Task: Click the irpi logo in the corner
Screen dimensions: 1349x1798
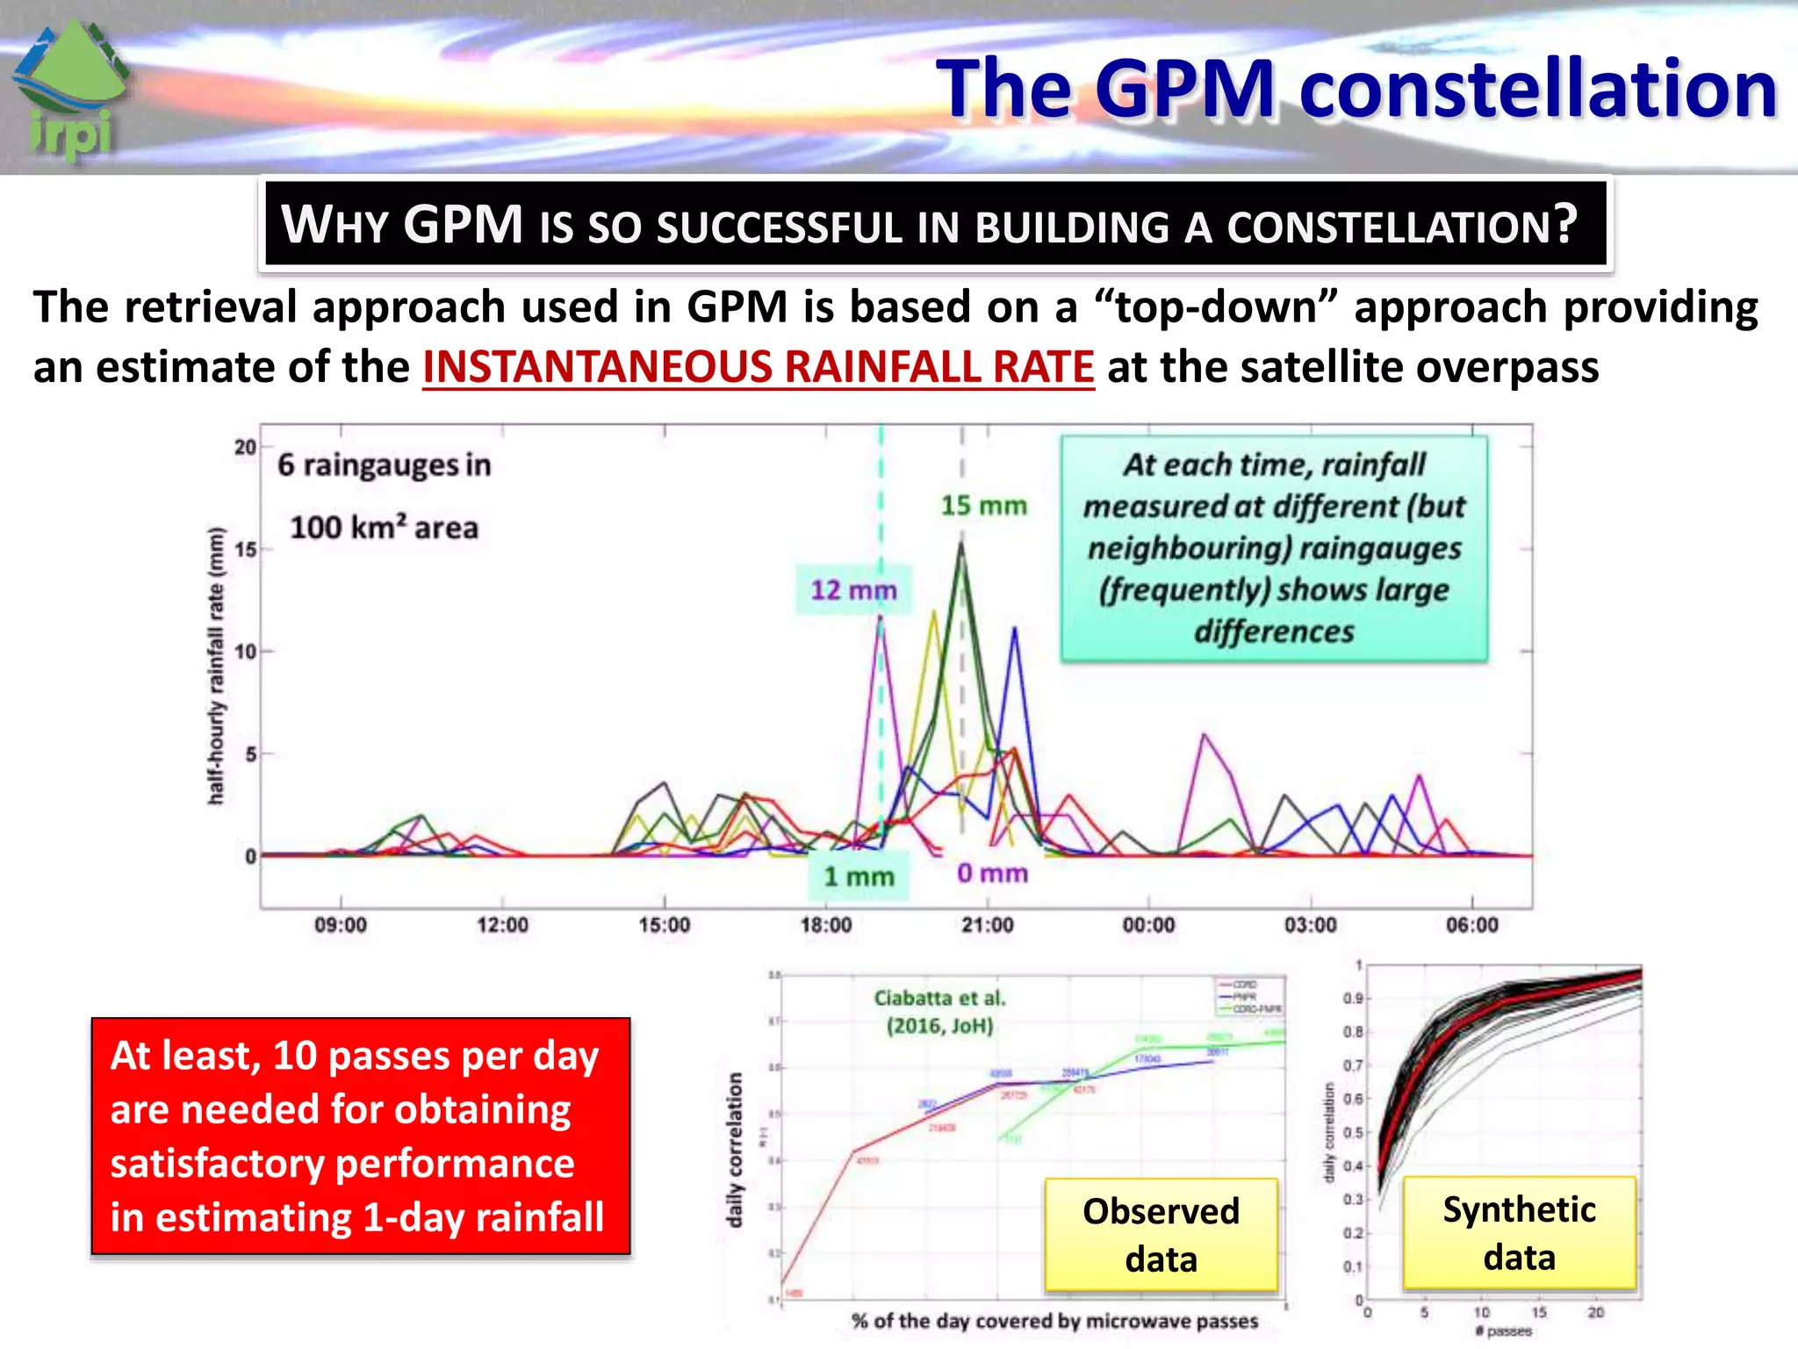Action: [x=72, y=92]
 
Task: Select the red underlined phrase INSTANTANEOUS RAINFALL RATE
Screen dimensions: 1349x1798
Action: [x=759, y=367]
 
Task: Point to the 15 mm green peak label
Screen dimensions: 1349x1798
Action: [x=983, y=506]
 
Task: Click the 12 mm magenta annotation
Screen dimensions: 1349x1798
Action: [x=852, y=590]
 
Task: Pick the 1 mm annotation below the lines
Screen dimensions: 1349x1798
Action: [x=858, y=876]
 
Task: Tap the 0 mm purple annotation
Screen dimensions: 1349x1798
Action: [x=992, y=873]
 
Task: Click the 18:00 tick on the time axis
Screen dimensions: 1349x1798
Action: [x=825, y=925]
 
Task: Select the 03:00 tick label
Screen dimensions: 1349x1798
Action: [x=1310, y=925]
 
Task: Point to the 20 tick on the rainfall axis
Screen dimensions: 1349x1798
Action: [x=245, y=447]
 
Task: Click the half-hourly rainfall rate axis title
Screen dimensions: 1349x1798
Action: [x=216, y=666]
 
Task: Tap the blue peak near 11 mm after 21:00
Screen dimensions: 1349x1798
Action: [x=1015, y=629]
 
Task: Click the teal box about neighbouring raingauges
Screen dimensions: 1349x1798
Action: [x=1274, y=548]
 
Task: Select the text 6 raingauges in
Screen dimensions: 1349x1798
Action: [x=384, y=465]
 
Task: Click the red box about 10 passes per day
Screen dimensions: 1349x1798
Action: [x=361, y=1136]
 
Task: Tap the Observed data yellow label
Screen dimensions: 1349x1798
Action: [x=1161, y=1235]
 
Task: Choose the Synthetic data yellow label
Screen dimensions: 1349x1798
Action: [x=1519, y=1233]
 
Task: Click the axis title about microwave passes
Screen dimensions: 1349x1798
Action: [x=1054, y=1321]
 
